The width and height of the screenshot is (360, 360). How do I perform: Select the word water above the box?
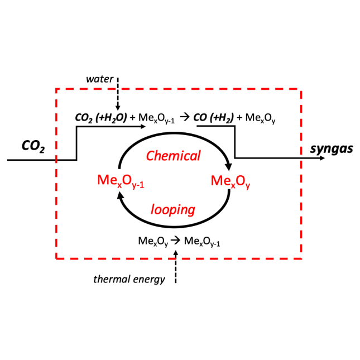point(100,79)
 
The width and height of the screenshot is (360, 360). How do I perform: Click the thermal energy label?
point(129,279)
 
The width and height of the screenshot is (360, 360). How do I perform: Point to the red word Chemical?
point(173,156)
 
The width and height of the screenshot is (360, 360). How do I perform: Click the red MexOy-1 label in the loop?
point(122,182)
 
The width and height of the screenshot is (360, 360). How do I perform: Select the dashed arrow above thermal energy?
point(176,265)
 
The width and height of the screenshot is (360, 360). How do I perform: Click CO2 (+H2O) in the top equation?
point(99,118)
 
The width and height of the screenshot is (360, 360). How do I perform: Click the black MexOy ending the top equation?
point(261,119)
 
